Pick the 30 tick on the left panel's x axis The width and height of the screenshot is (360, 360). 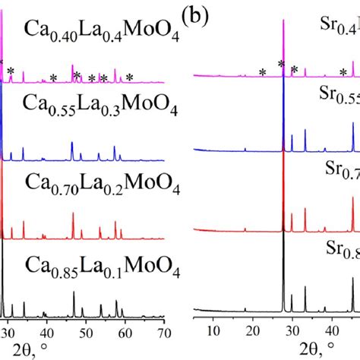pos(8,331)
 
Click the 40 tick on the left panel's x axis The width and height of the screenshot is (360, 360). pos(47,331)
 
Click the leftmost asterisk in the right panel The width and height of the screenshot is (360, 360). pos(262,72)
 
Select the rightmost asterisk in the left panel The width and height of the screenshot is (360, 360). pos(130,77)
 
